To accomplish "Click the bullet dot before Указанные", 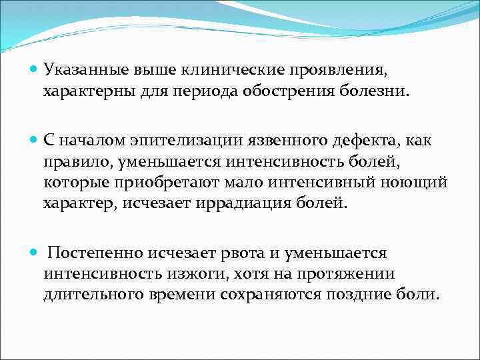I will (35, 69).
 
